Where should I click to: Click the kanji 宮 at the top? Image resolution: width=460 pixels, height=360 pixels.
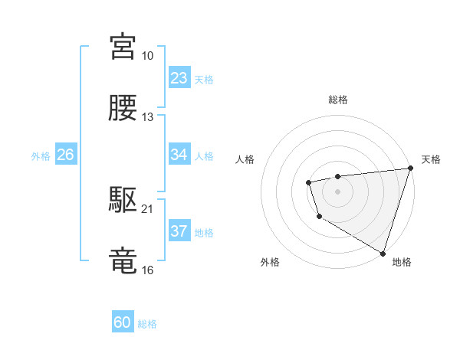(x=123, y=47)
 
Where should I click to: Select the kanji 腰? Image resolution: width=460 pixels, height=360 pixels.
(x=123, y=109)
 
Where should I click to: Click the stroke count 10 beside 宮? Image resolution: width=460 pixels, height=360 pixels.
(x=147, y=56)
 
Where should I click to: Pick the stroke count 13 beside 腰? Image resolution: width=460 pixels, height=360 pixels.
(x=147, y=117)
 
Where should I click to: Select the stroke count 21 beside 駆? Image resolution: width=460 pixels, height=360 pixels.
(x=147, y=209)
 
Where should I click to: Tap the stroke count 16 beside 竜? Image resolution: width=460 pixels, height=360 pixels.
(x=147, y=270)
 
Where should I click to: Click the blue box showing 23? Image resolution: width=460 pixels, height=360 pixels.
(x=179, y=78)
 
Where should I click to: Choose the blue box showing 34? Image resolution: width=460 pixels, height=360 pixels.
(x=179, y=155)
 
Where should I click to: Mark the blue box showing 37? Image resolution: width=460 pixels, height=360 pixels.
(x=179, y=231)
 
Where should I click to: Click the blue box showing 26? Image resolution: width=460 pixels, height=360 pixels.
(x=65, y=155)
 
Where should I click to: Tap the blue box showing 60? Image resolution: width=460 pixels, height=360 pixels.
(x=123, y=322)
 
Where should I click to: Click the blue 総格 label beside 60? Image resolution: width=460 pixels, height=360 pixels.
(x=147, y=324)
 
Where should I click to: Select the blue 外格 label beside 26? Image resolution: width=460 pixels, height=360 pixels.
(x=41, y=156)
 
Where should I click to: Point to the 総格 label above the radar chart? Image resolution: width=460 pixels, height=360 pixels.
(x=338, y=100)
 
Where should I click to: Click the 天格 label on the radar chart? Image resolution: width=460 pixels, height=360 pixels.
(x=431, y=159)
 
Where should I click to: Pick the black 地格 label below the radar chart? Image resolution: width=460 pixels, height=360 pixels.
(x=402, y=262)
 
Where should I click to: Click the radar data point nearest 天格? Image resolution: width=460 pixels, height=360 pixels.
(x=410, y=169)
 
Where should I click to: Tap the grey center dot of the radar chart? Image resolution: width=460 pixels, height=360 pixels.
(x=337, y=190)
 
